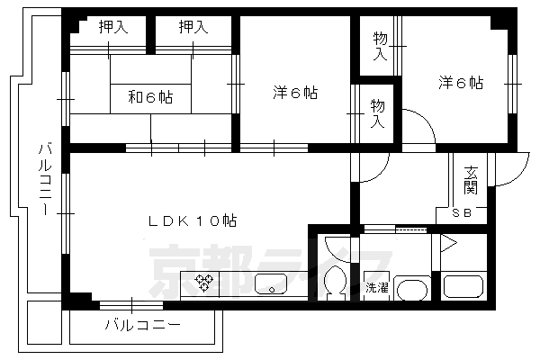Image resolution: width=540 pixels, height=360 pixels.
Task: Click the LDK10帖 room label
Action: (193, 220)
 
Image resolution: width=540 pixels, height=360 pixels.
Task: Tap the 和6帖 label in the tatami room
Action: (150, 97)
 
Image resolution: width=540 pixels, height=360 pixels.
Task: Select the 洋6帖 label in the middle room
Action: (295, 92)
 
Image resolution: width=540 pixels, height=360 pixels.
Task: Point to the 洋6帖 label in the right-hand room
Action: (461, 83)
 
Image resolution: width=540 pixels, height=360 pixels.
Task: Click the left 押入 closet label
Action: (112, 28)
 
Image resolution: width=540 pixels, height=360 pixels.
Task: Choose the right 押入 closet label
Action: (193, 28)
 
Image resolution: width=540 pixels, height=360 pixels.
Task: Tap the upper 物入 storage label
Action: (380, 45)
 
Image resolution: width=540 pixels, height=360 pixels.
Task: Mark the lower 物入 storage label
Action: (380, 113)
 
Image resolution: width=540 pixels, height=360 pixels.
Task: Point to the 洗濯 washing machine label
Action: (376, 288)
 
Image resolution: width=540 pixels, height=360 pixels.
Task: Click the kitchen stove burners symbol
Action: (204, 284)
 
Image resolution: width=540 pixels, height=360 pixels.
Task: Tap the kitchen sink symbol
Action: (270, 287)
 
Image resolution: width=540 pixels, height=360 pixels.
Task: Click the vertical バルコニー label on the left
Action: (43, 180)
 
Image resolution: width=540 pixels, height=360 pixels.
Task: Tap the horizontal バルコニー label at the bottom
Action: (142, 324)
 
